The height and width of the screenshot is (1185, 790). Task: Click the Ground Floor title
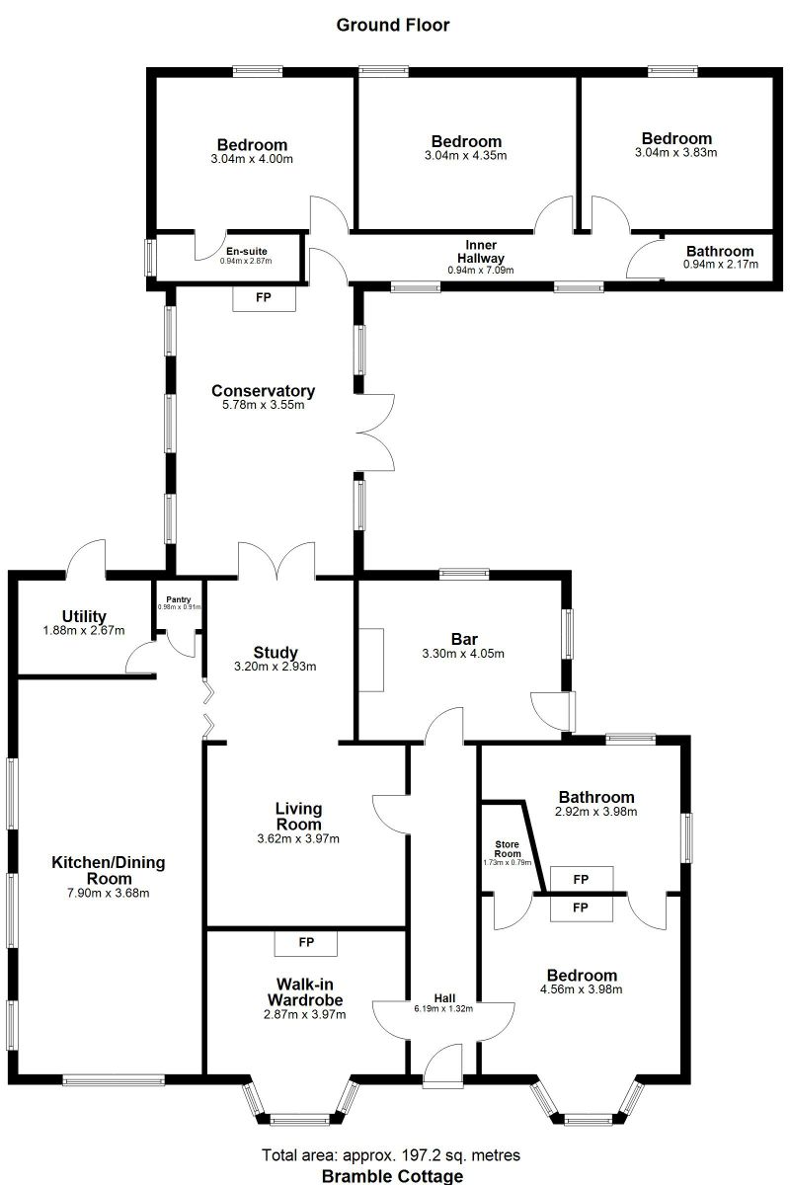[x=393, y=25]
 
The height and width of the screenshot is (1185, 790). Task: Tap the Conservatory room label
[x=263, y=391]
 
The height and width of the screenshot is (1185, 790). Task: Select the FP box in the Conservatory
[x=264, y=297]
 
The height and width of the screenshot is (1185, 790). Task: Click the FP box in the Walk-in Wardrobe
[x=306, y=943]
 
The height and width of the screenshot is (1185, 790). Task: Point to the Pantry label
[x=179, y=598]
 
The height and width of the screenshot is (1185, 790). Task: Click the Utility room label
[x=84, y=617]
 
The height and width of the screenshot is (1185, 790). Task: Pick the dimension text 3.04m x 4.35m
[x=465, y=156]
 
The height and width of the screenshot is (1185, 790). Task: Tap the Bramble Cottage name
[x=392, y=1175]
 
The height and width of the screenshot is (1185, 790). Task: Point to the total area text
[x=391, y=1154]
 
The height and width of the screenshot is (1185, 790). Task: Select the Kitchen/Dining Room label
[x=109, y=870]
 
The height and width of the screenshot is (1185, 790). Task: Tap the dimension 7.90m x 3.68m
[x=109, y=893]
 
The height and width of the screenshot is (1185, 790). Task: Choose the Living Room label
[x=298, y=817]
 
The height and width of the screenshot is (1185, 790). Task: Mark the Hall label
[x=444, y=996]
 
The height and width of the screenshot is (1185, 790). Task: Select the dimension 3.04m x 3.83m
[x=676, y=153]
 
